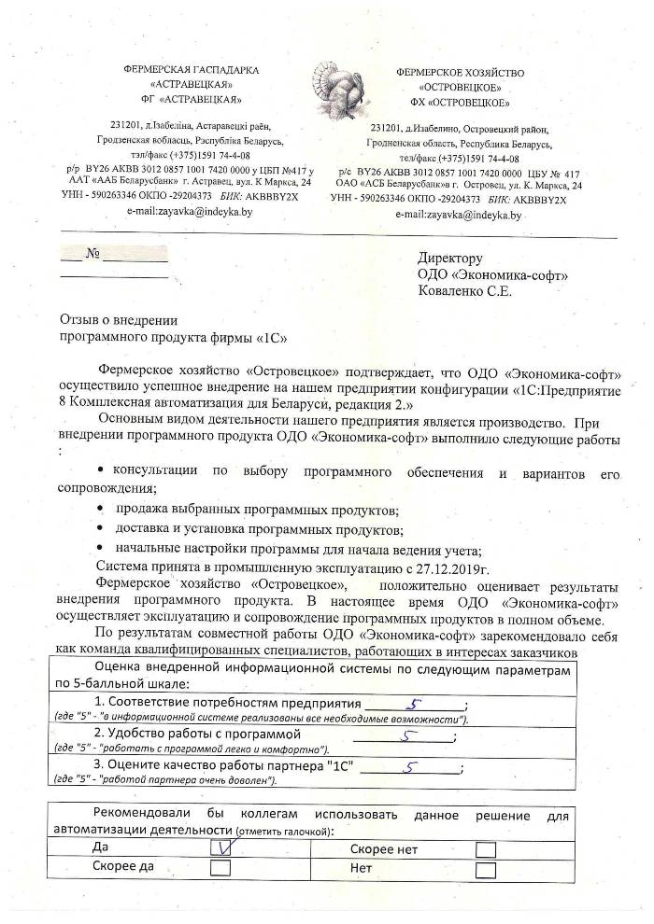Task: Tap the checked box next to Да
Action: tap(221, 847)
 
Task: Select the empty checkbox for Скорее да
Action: tap(221, 867)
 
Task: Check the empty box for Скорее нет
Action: tap(485, 848)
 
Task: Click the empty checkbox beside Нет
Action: tap(485, 869)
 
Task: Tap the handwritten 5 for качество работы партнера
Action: tap(411, 767)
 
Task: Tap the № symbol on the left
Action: tap(92, 253)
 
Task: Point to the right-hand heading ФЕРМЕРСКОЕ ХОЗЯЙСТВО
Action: tap(461, 71)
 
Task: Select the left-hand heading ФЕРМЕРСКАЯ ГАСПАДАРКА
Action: tap(192, 70)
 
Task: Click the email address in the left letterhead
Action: tap(190, 212)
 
